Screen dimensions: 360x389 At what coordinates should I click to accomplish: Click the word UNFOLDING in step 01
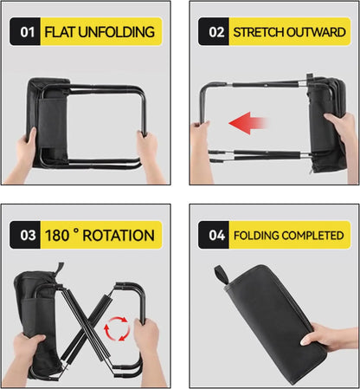(117, 32)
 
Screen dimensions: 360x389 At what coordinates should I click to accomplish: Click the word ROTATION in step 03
(119, 236)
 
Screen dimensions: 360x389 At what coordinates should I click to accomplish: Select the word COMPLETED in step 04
(310, 236)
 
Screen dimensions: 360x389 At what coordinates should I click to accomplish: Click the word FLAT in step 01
(60, 32)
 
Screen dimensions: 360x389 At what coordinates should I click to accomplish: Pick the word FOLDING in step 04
(254, 236)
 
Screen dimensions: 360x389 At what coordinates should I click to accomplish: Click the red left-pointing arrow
(248, 124)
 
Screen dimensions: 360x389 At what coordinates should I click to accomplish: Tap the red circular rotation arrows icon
(117, 329)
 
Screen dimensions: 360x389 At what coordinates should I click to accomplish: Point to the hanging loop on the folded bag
(221, 275)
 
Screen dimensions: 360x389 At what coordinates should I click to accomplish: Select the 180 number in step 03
(57, 236)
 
